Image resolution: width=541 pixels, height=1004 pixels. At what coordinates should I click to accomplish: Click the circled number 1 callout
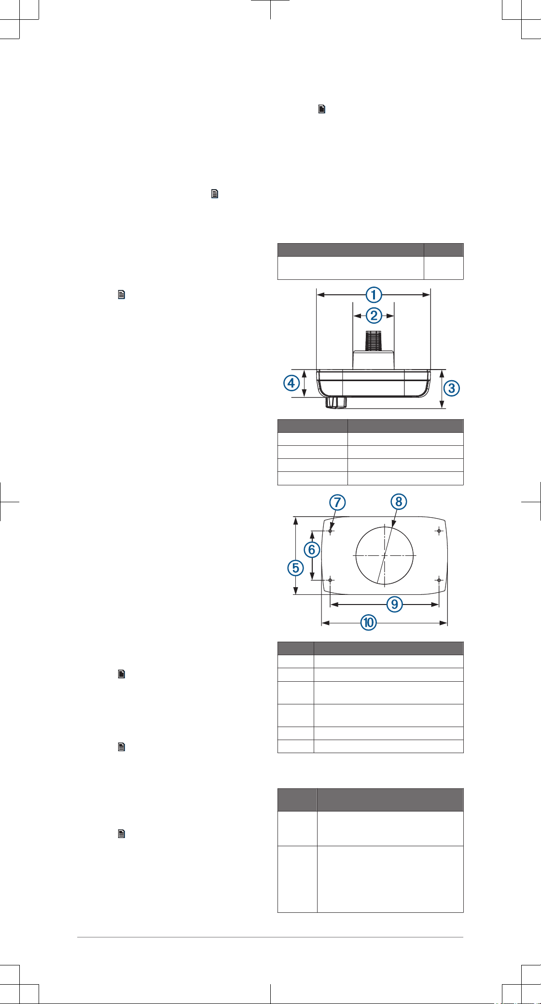[374, 295]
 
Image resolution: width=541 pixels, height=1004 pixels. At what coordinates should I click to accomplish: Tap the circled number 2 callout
[374, 316]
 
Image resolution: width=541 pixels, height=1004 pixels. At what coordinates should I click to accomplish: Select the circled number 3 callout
[452, 388]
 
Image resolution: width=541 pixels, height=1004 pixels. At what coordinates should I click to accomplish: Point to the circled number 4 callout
[291, 384]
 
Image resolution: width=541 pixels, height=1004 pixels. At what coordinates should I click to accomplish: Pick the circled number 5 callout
[296, 568]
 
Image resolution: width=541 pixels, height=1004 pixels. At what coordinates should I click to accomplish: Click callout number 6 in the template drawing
[312, 550]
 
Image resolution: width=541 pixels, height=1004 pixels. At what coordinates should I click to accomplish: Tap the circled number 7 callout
[337, 502]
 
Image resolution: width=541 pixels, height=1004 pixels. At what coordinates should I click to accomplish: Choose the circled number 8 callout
[399, 502]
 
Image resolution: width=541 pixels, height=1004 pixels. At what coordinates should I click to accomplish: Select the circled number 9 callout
[395, 604]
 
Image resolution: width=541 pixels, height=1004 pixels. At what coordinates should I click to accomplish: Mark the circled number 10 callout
[369, 622]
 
